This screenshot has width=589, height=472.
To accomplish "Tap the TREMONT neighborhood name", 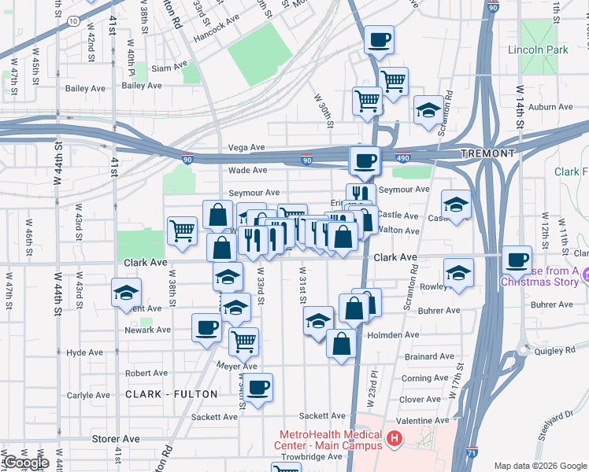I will [x=487, y=153].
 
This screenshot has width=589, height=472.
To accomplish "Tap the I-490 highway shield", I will [x=403, y=158].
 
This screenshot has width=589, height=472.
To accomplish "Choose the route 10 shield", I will [x=72, y=22].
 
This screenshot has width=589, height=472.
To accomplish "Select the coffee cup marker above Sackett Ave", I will [x=257, y=386].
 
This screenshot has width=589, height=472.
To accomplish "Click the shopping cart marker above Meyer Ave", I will [x=244, y=341].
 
